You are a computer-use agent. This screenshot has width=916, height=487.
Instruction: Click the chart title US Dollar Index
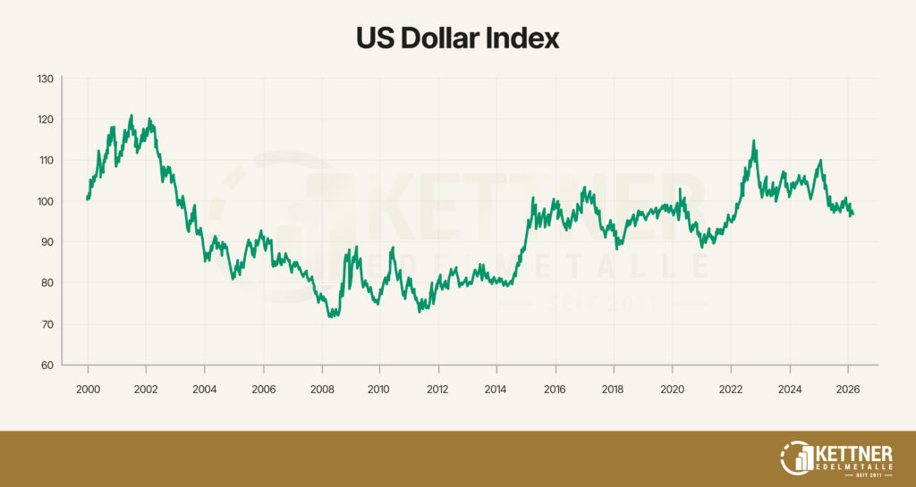tap(457, 38)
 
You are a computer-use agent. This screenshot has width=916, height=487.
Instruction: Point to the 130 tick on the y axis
tap(46, 79)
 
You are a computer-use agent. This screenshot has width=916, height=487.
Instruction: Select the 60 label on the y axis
tap(47, 365)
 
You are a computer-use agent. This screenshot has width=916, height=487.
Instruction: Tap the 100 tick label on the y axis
tap(46, 201)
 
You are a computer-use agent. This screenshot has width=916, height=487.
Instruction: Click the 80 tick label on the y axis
tap(47, 283)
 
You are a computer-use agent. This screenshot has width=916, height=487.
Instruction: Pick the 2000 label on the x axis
tap(88, 390)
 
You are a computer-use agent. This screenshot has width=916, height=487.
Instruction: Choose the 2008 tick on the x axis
tap(321, 390)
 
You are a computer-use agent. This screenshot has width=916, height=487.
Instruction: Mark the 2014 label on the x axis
tap(496, 390)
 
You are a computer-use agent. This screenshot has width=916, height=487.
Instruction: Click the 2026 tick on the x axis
tap(848, 390)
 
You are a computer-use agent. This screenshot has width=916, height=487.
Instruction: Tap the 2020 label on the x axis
tap(672, 390)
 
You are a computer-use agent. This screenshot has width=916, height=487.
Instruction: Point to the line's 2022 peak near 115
tap(754, 140)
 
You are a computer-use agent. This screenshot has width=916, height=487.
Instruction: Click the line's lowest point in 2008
tap(331, 316)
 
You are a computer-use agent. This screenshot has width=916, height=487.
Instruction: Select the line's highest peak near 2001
tap(131, 115)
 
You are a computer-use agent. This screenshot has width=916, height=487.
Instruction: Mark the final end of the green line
tap(853, 214)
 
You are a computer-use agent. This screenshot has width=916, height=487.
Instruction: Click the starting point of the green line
tap(87, 198)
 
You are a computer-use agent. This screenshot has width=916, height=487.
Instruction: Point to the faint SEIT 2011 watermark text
tap(602, 306)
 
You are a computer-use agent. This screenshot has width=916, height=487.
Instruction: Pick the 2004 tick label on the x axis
tap(205, 390)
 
